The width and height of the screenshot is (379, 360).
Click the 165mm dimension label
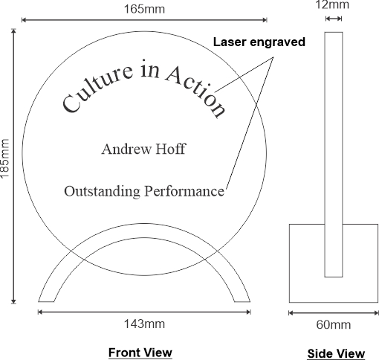[144, 9]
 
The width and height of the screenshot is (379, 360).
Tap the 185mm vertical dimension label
[4, 158]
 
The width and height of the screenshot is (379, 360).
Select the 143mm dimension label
[144, 324]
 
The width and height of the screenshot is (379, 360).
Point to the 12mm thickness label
[332, 4]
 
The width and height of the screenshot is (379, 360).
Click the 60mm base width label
[334, 324]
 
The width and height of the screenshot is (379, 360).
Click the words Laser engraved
[259, 42]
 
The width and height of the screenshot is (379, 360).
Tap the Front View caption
[140, 353]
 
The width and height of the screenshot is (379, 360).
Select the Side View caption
[336, 353]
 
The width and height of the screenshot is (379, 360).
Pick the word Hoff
[171, 149]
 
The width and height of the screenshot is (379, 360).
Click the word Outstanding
[102, 191]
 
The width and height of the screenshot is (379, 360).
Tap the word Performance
[184, 191]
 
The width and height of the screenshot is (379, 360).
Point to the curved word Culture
[97, 87]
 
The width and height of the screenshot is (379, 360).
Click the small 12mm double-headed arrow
[334, 19]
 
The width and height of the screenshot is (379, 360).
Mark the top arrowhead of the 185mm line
[13, 30]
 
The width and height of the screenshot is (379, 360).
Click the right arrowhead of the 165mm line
[265, 20]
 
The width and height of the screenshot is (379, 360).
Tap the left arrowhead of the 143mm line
[40, 312]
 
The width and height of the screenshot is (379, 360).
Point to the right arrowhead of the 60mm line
[377, 313]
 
